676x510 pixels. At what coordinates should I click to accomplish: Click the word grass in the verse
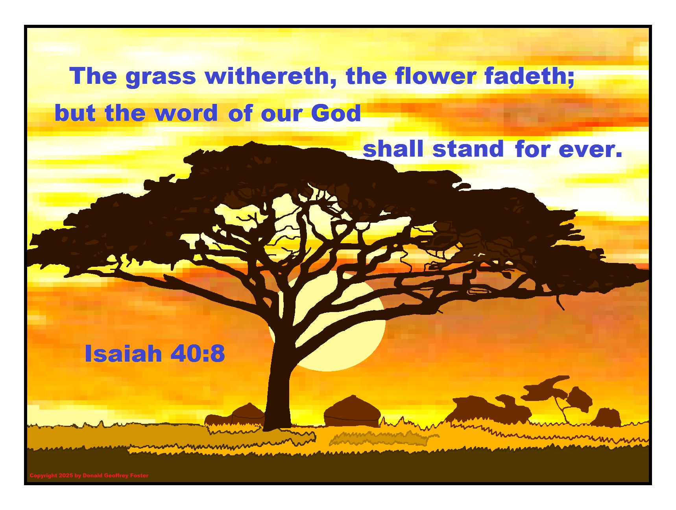point(161,77)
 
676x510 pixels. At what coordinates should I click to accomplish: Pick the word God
point(336,113)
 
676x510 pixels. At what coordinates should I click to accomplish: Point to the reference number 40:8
point(198,353)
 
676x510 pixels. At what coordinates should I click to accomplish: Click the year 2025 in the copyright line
point(66,475)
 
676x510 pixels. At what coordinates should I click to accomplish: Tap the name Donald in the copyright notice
point(92,475)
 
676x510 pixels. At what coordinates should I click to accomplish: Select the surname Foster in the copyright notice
point(139,475)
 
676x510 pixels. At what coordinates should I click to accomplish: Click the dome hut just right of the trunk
point(352,412)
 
